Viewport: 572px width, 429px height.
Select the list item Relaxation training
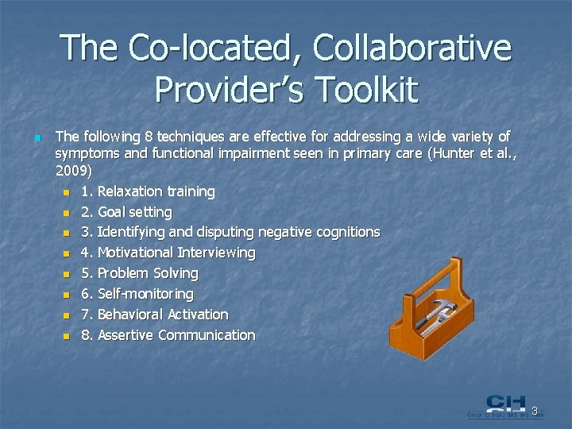[156, 191]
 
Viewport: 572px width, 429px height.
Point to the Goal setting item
[134, 212]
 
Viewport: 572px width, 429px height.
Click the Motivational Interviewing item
[176, 253]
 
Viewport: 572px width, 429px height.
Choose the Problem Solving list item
[148, 273]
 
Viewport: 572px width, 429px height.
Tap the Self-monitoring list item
[145, 294]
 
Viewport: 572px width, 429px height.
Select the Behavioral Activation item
[162, 315]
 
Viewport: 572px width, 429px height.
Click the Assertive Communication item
[176, 335]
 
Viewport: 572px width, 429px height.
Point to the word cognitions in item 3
[346, 232]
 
